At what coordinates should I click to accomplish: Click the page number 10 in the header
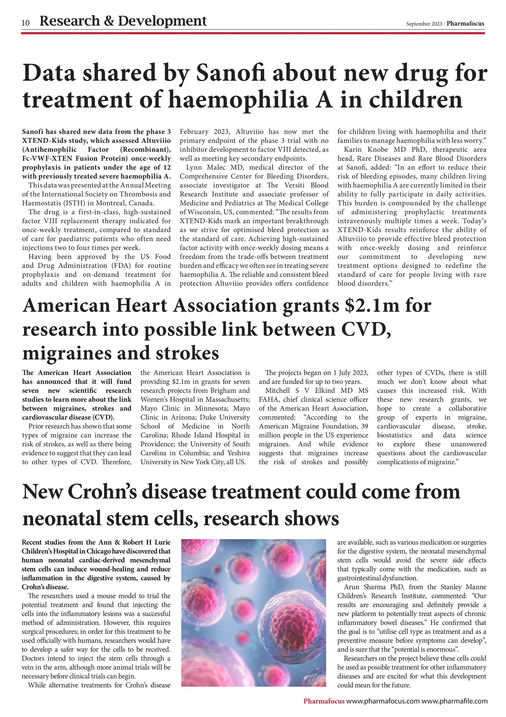click(x=26, y=23)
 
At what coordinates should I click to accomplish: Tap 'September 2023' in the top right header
click(x=424, y=24)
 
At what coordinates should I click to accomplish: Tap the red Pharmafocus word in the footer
click(x=324, y=701)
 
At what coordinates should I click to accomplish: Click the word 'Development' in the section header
click(x=162, y=21)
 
